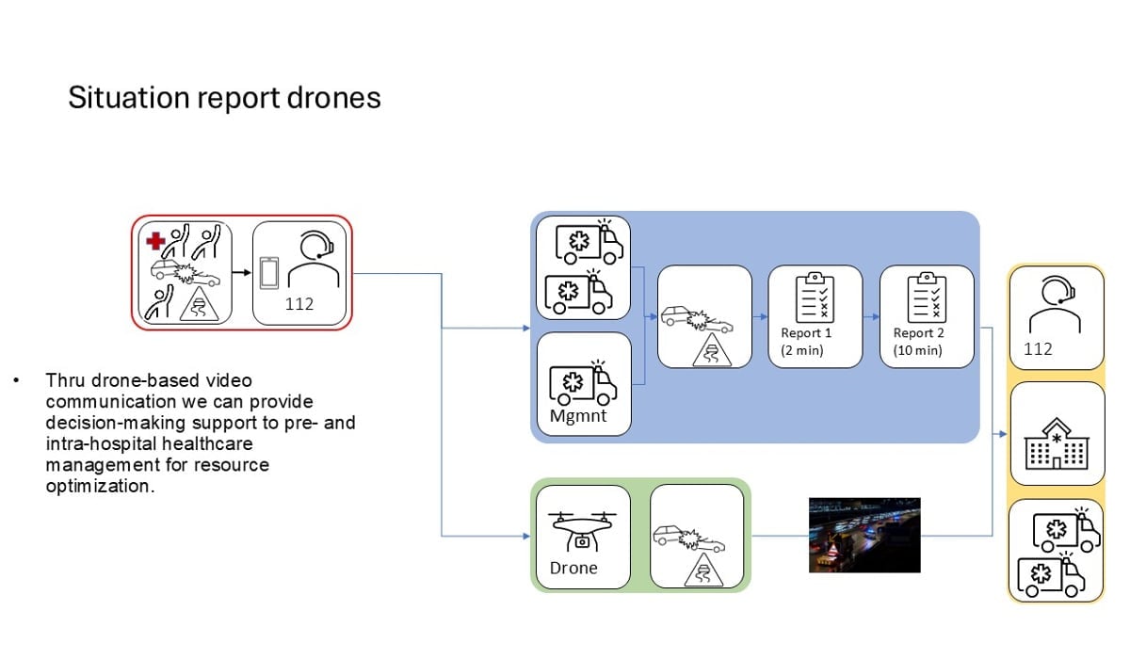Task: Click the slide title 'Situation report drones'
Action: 224,99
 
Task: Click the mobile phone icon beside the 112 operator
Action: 269,273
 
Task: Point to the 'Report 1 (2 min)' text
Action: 806,342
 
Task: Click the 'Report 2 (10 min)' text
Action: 919,342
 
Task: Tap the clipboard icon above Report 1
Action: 814,297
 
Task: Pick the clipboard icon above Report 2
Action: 926,297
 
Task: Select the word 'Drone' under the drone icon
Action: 573,568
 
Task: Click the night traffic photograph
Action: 864,535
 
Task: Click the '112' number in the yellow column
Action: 1038,348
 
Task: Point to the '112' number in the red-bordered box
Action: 299,304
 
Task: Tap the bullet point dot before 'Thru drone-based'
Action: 16,381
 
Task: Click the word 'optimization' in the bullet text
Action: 99,486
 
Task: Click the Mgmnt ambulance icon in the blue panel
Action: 584,382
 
